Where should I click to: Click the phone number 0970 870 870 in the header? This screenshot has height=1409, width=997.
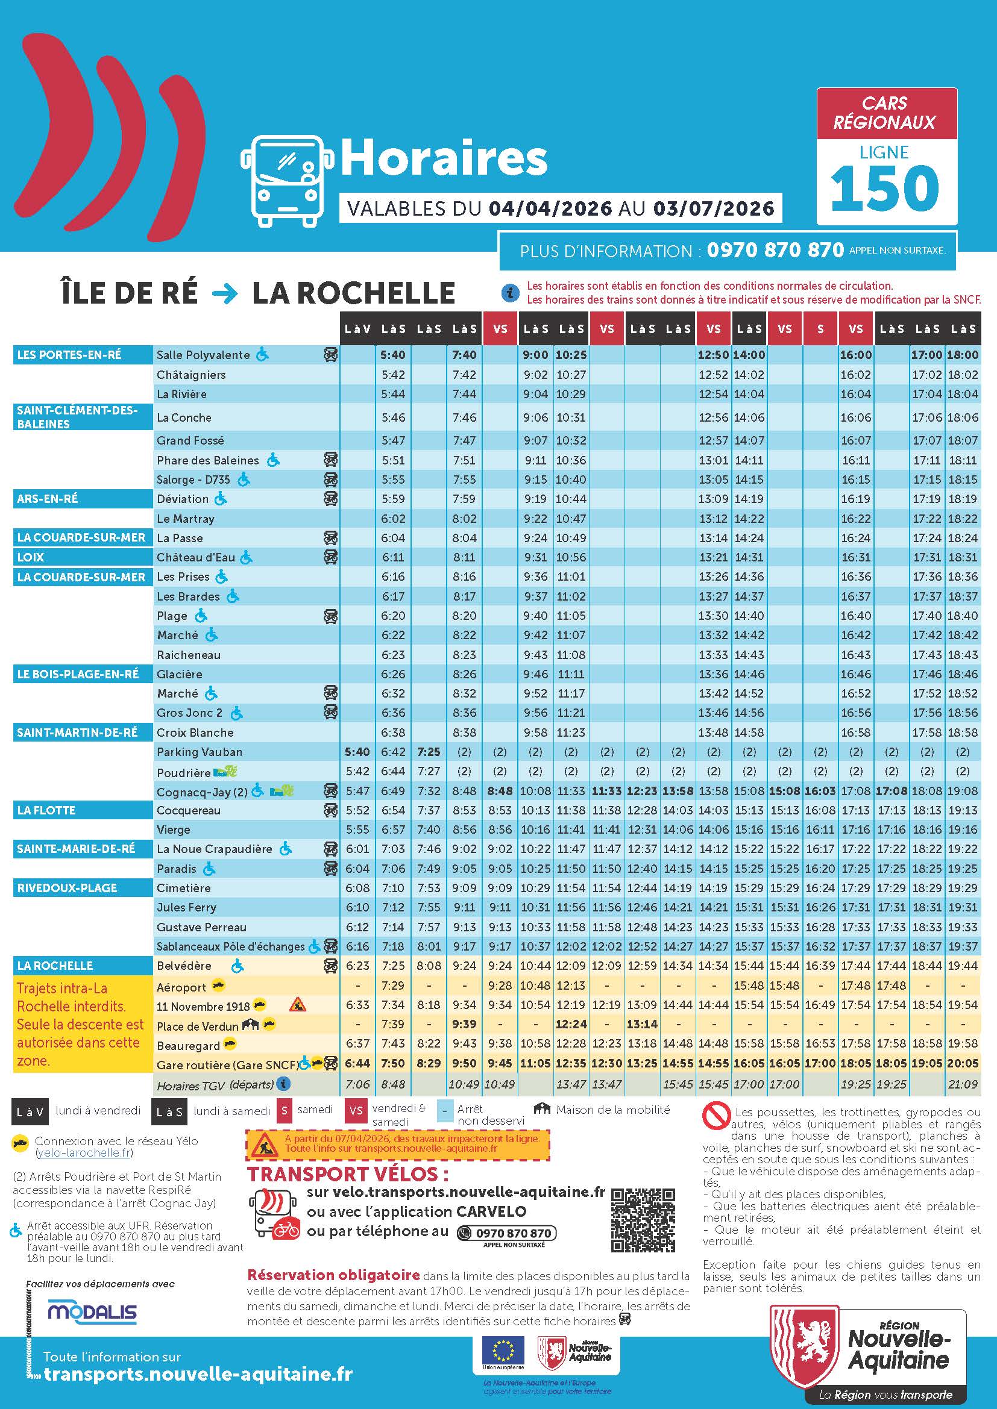tap(775, 251)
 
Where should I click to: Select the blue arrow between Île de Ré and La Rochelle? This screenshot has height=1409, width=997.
tap(225, 294)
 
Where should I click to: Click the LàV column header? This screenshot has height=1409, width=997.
tap(357, 329)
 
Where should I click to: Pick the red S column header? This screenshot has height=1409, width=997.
tap(820, 329)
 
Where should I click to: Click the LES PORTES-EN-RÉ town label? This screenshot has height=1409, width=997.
tap(69, 355)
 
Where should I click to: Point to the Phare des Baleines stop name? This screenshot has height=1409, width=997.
tap(207, 460)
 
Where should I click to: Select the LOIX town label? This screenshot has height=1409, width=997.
tap(31, 557)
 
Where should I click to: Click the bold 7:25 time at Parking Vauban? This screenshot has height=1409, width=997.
tap(429, 752)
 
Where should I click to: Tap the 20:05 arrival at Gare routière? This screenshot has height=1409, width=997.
tap(962, 1063)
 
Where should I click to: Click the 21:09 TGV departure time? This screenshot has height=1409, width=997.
tap(962, 1084)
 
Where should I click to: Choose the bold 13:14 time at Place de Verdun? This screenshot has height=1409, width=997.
tap(642, 1024)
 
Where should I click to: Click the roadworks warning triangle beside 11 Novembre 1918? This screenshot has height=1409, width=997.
tap(297, 1005)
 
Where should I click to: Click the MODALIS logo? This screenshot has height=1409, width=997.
tap(93, 1313)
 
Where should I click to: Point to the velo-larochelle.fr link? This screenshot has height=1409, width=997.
tap(84, 1152)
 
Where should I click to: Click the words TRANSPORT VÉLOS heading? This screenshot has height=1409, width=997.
tap(347, 1174)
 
